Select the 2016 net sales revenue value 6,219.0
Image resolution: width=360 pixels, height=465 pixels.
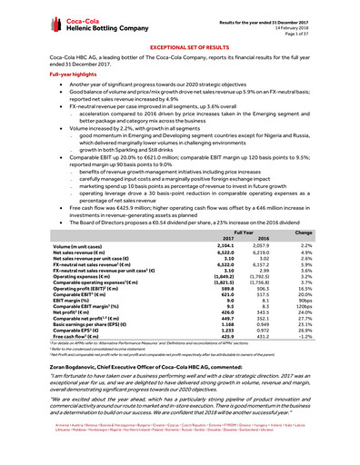[255, 252]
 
